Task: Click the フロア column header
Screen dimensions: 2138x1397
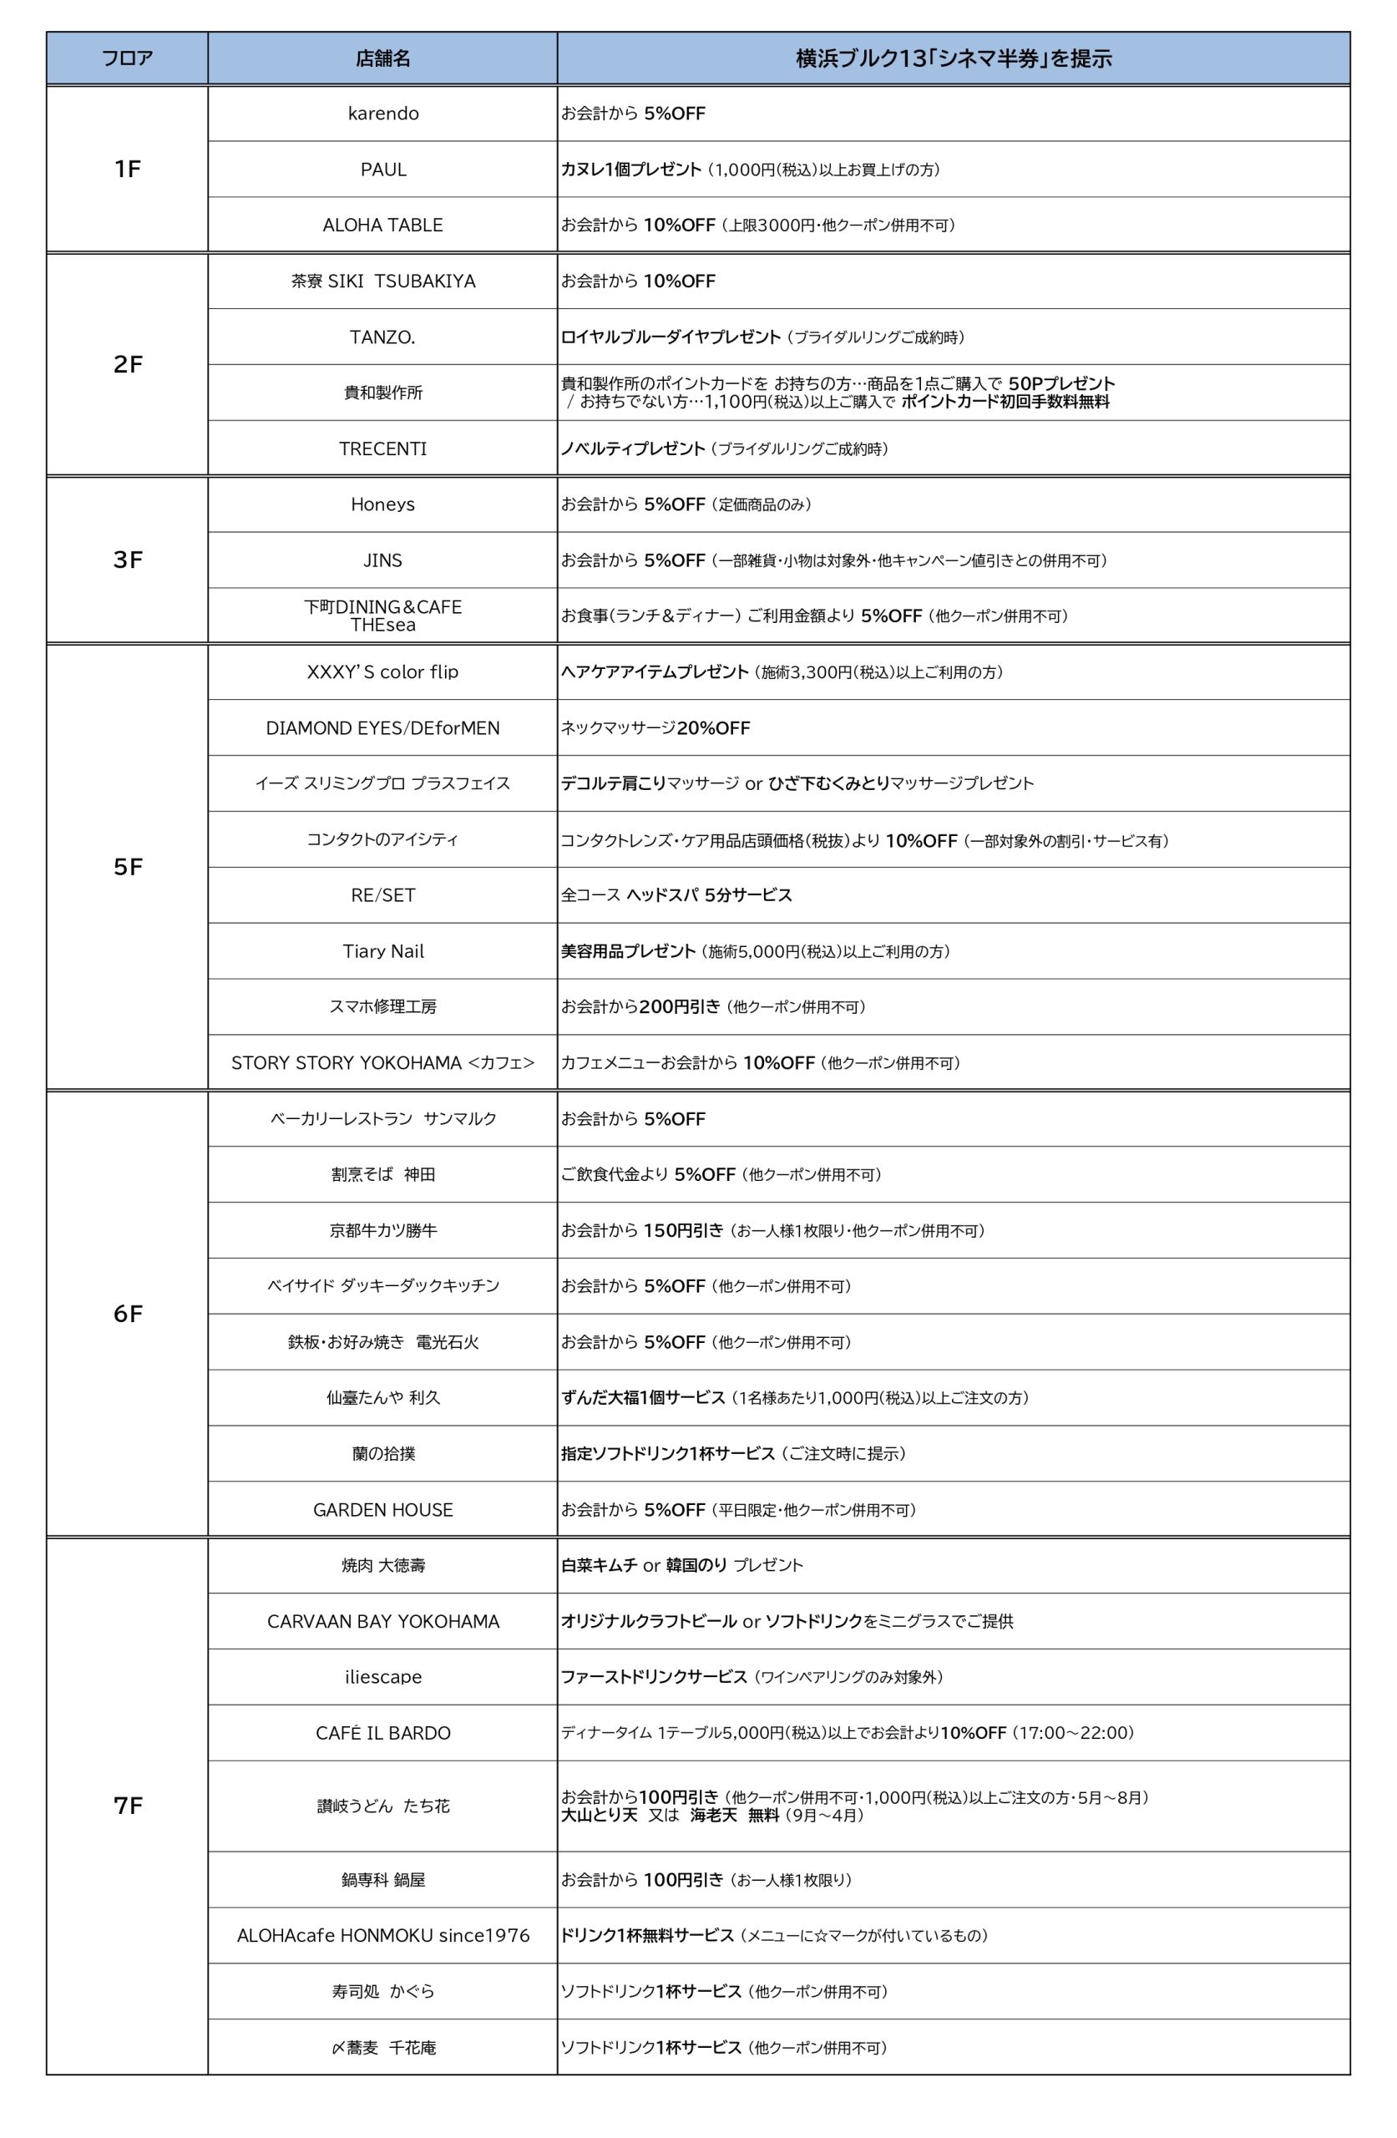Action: click(x=127, y=59)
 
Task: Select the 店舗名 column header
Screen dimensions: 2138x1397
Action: click(x=382, y=59)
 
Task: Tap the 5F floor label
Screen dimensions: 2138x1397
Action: click(x=128, y=867)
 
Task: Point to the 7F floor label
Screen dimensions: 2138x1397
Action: click(x=128, y=1806)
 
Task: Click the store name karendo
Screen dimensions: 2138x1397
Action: click(x=382, y=114)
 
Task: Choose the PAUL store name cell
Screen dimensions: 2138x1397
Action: click(x=382, y=170)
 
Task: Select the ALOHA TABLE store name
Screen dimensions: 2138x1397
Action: click(x=382, y=225)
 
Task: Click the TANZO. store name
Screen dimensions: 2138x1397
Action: click(x=382, y=337)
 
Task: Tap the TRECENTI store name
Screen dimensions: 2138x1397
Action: click(x=382, y=448)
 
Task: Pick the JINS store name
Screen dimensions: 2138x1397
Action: click(x=382, y=560)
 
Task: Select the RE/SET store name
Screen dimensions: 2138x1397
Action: click(x=382, y=895)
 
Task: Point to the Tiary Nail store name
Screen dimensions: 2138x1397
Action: click(x=382, y=951)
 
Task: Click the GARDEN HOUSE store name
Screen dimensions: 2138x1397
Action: click(x=382, y=1510)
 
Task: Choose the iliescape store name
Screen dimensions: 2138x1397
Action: click(x=382, y=1677)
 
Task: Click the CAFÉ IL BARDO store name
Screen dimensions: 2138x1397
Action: click(x=382, y=1733)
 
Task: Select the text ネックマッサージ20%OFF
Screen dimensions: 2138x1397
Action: click(x=655, y=728)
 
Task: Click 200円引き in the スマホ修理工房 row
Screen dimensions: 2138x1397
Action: click(x=679, y=1007)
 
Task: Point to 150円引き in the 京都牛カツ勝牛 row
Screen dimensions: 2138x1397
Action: click(x=683, y=1231)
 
